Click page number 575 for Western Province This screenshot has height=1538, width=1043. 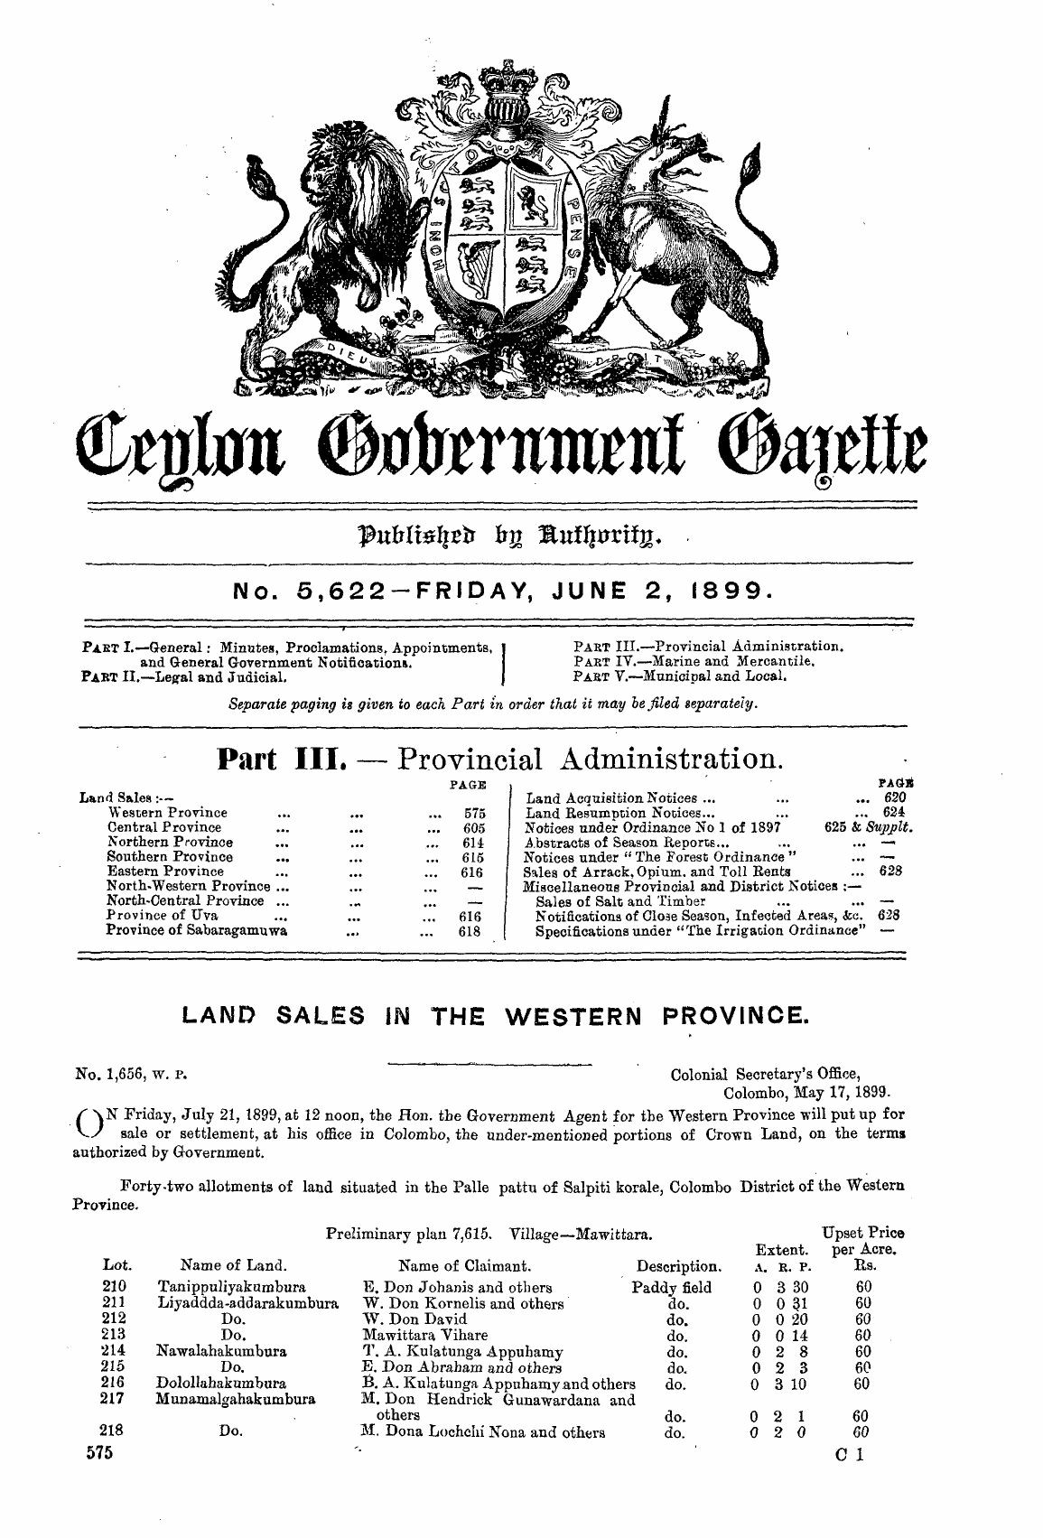click(x=475, y=813)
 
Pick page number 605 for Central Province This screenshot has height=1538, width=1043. click(x=475, y=827)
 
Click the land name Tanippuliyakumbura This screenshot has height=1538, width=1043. click(x=231, y=1287)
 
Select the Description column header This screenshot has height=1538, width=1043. click(x=678, y=1265)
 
